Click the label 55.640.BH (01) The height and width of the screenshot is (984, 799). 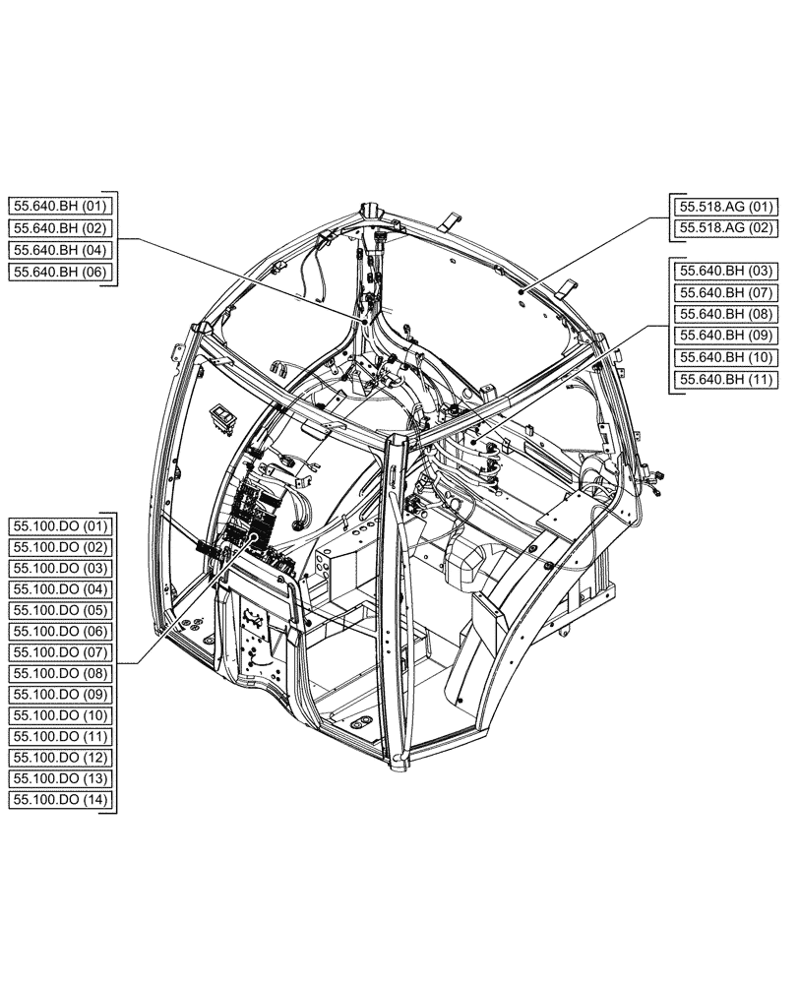(x=62, y=206)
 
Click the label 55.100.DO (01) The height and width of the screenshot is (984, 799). (x=61, y=524)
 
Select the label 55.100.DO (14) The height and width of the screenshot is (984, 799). (x=61, y=800)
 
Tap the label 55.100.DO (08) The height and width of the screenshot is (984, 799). (x=61, y=673)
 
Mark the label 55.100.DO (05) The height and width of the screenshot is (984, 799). (x=61, y=609)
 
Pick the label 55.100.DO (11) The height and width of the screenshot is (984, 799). (x=61, y=736)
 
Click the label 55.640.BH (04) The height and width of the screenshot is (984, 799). (x=62, y=249)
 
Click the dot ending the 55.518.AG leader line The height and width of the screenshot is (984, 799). (x=520, y=291)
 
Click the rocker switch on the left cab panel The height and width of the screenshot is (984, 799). (x=225, y=417)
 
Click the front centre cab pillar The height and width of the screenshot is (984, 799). (x=399, y=590)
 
